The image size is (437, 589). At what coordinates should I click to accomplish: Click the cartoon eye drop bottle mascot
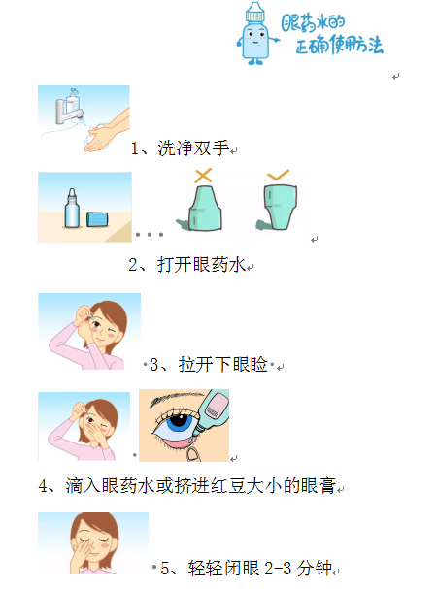[256, 34]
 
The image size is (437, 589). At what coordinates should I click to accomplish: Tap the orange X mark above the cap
[204, 176]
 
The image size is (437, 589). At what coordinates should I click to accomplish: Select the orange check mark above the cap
[278, 175]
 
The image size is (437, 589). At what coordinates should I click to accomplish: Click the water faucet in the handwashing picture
[69, 109]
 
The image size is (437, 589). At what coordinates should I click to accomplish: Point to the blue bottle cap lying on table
[97, 219]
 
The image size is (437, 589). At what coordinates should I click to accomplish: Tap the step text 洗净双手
[193, 147]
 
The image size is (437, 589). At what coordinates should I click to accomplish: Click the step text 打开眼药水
[201, 265]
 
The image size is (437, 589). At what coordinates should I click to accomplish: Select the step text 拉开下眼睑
[222, 364]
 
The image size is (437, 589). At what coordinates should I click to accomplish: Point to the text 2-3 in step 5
[278, 568]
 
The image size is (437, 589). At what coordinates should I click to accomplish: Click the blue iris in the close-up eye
[180, 423]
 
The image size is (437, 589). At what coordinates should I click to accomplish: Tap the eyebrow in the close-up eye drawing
[176, 398]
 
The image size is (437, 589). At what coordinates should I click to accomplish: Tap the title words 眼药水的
[313, 23]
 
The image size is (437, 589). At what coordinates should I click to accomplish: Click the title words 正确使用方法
[339, 45]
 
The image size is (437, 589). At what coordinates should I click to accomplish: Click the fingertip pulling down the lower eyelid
[193, 454]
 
